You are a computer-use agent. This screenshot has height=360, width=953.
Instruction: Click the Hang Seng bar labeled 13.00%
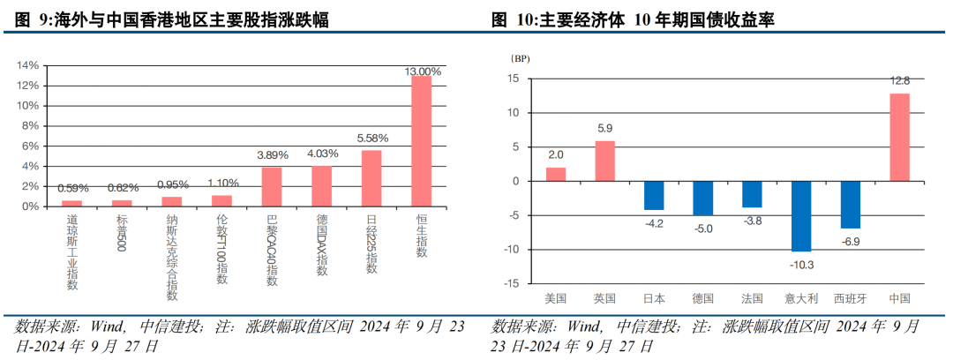(x=422, y=141)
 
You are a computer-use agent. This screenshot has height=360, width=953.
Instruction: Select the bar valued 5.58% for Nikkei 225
(x=371, y=178)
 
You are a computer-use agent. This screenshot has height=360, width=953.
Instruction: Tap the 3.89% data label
(x=272, y=155)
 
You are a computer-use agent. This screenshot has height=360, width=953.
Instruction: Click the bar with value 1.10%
(x=221, y=201)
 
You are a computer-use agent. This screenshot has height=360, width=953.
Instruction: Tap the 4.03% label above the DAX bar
(x=322, y=154)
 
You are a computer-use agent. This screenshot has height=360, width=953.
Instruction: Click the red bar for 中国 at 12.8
(x=899, y=137)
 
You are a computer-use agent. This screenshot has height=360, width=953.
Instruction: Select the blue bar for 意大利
(x=801, y=216)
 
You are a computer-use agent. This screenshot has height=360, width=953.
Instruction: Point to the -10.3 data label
(x=801, y=264)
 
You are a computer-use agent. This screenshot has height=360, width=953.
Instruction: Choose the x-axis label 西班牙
(x=850, y=298)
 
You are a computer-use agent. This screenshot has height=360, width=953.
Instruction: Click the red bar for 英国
(x=605, y=161)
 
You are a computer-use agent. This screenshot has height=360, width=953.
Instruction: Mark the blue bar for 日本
(x=654, y=195)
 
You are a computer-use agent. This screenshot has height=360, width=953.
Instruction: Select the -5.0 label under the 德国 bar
(x=703, y=228)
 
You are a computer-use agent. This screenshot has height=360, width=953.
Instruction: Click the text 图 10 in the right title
(x=513, y=19)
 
